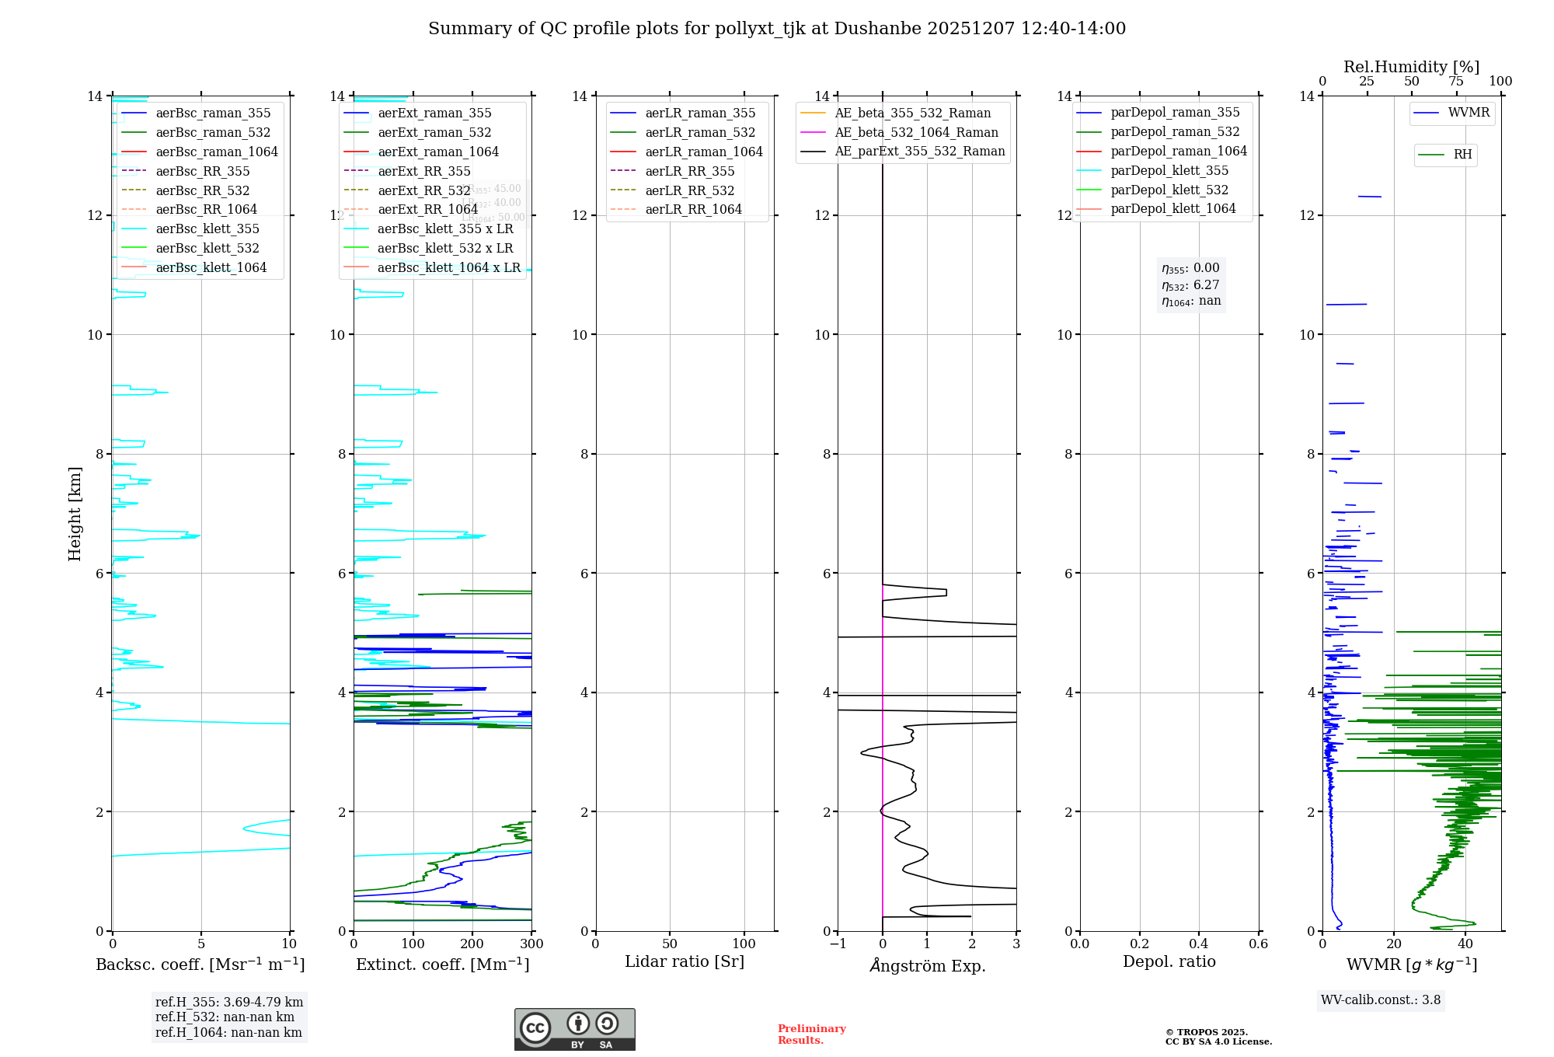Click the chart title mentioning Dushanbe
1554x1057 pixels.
point(777,29)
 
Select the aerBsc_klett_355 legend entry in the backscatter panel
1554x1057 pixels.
point(207,228)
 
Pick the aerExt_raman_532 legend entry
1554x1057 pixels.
point(434,132)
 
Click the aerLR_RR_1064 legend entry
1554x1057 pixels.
point(693,209)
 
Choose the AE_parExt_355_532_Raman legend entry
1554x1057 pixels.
point(919,151)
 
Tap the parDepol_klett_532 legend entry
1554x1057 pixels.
point(1169,190)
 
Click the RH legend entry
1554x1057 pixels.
point(1462,155)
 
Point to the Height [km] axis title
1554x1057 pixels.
point(75,513)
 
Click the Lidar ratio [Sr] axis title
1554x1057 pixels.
point(685,961)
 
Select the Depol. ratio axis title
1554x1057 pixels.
point(1169,961)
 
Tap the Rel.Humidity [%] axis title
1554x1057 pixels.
point(1411,67)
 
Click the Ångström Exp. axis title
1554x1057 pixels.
point(927,965)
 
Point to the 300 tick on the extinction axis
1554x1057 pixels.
point(532,944)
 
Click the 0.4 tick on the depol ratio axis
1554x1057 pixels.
point(1199,944)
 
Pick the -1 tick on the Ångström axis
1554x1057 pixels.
point(837,944)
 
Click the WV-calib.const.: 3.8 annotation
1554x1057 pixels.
point(1381,1000)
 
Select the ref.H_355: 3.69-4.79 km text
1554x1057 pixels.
point(229,1003)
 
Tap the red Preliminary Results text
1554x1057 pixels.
point(811,1034)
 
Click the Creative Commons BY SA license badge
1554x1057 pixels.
point(574,1030)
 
